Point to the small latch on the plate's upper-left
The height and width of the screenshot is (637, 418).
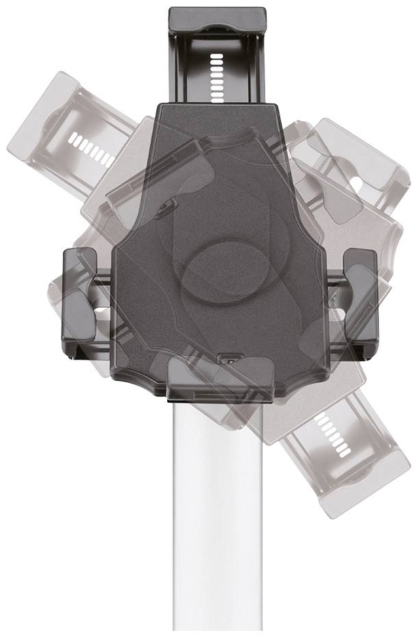pyautogui.click(x=167, y=205)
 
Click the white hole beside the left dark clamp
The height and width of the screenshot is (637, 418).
pyautogui.click(x=103, y=310)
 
